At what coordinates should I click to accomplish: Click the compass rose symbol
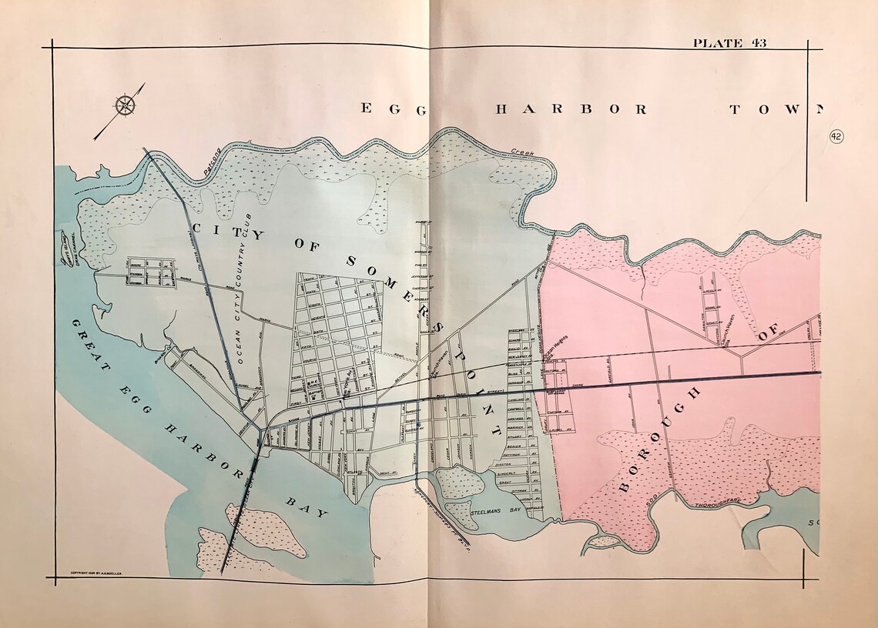pyautogui.click(x=126, y=105)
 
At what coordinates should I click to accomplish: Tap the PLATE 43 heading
pyautogui.click(x=729, y=43)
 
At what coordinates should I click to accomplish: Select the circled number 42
pyautogui.click(x=836, y=136)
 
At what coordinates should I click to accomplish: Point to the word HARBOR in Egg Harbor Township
pyautogui.click(x=571, y=109)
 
